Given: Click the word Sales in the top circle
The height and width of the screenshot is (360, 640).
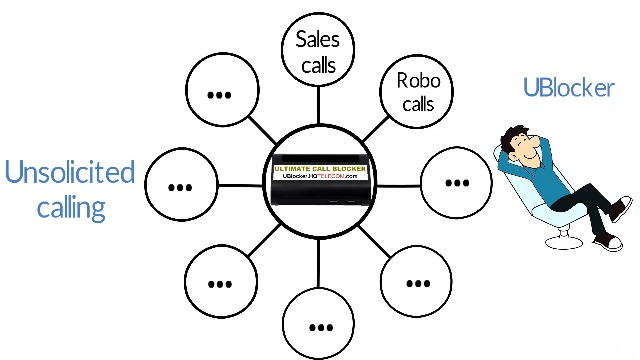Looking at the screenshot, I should click(317, 40).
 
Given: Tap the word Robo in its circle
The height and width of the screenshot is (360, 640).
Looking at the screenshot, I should click(418, 81).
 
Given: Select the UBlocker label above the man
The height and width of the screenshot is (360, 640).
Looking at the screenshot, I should click(568, 88).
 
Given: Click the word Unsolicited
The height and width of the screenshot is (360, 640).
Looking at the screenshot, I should click(70, 173).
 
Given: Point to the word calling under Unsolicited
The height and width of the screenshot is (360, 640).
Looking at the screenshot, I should click(71, 207).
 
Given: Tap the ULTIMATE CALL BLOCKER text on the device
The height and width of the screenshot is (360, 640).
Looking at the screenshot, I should click(320, 167).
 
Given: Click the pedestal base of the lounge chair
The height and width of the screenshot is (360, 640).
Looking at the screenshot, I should click(561, 241).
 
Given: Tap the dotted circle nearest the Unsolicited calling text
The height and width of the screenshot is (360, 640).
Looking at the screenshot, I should click(180, 186).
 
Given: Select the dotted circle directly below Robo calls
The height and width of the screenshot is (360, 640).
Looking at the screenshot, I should click(456, 183).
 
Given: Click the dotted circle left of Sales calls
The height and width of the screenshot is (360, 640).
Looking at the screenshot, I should click(219, 95).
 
